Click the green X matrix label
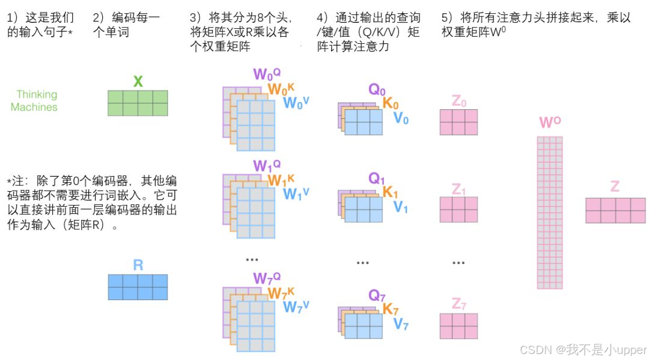coord(138,81)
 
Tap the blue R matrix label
coord(138,265)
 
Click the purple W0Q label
coord(267,74)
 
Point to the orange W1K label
coord(281,180)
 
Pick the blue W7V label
coord(296,307)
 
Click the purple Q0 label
coord(377,90)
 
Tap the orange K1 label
coord(391,192)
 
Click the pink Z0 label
coord(459,101)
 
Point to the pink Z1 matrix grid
coord(459,210)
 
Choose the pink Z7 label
coord(459,305)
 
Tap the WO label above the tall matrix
coord(550,123)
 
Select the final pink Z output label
coord(615,186)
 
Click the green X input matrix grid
coord(138,103)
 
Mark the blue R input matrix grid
coord(138,287)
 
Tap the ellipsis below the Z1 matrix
coord(459,263)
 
